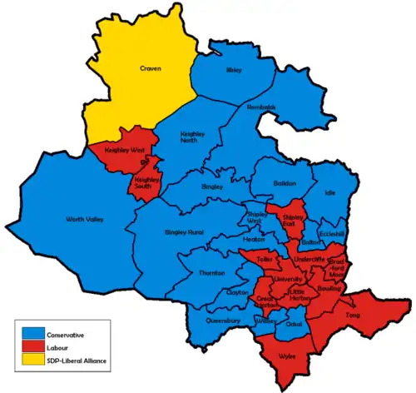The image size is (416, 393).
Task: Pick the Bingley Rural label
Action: (x=184, y=231)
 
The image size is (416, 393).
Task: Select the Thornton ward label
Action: (x=211, y=273)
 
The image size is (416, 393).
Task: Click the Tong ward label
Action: (x=352, y=316)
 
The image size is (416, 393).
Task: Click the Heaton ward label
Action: (x=253, y=238)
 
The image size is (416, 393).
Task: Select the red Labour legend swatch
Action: (x=31, y=347)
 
